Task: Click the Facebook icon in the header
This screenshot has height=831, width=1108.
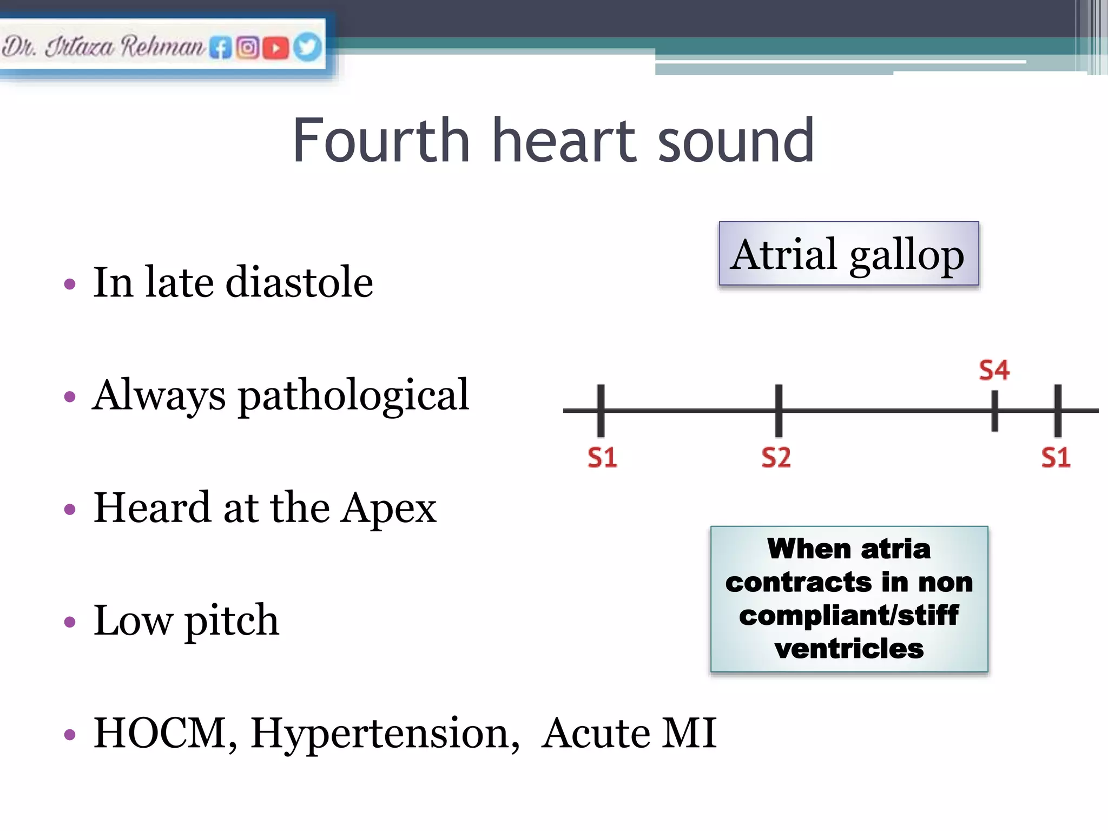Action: [x=220, y=48]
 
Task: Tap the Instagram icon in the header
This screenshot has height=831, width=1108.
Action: [x=248, y=48]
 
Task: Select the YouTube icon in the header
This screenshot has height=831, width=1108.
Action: [x=275, y=48]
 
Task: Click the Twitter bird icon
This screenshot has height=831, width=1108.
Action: [x=307, y=47]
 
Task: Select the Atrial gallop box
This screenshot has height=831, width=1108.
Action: [x=848, y=254]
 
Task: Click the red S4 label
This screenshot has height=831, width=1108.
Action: [x=994, y=371]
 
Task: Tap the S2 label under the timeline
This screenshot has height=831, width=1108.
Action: [x=776, y=458]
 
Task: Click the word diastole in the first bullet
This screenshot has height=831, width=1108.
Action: [x=299, y=282]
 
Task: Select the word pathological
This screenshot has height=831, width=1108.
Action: [x=353, y=396]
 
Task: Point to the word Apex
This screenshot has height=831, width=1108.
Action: [x=388, y=509]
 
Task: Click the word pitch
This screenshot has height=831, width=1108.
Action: [x=232, y=621]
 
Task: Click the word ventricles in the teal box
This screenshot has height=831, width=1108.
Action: [x=849, y=648]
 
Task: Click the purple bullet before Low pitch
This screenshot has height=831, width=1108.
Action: [x=70, y=622]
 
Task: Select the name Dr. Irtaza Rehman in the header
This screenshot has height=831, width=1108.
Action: [x=103, y=47]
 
